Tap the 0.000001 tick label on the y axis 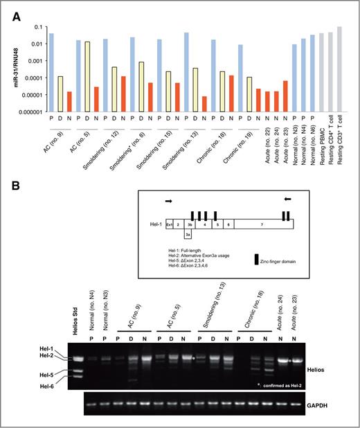30,112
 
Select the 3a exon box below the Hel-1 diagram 188,235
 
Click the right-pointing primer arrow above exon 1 169,201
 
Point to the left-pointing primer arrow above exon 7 287,199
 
